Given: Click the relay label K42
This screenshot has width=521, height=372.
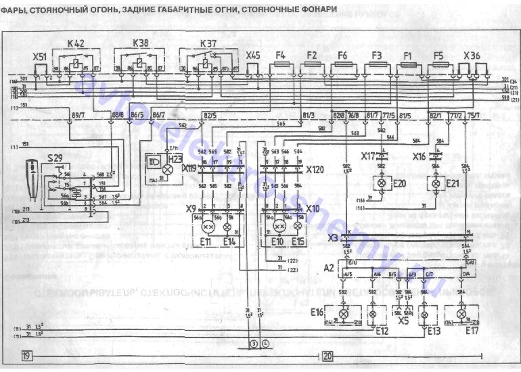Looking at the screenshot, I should pos(75,43).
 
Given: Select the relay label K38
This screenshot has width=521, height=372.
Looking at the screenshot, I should pos(141,43).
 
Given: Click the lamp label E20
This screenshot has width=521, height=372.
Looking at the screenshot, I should pos(400,183).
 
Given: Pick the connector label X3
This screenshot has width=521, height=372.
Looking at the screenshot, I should pos(332,237).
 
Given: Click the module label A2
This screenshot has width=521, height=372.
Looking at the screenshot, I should pos(328,268).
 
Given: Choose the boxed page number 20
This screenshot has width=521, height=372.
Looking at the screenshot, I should pos(327,356).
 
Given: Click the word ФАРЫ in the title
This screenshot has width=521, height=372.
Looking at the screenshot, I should pos(15,8).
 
